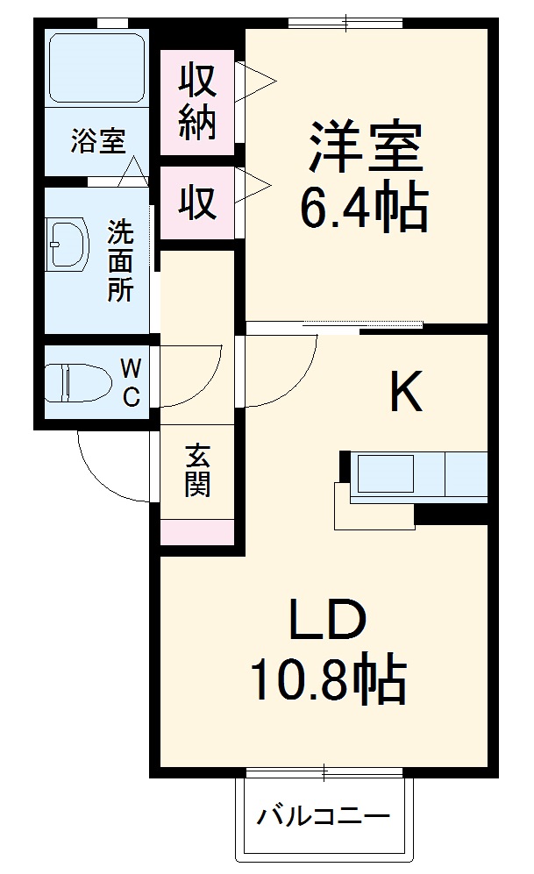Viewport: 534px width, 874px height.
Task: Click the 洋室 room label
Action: [x=365, y=149]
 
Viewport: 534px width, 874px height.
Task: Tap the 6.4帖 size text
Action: [x=363, y=208]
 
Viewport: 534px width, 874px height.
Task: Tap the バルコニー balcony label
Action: [x=323, y=819]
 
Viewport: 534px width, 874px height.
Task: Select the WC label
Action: [x=130, y=380]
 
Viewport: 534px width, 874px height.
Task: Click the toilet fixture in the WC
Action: [x=78, y=382]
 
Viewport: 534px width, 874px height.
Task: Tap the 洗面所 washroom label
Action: [x=121, y=261]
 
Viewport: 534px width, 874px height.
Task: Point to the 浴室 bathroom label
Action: [x=98, y=141]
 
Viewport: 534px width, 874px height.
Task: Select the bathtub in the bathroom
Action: [x=96, y=68]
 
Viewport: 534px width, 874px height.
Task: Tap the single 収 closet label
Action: [x=197, y=203]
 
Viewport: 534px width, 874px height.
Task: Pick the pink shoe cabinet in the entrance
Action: [x=196, y=531]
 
